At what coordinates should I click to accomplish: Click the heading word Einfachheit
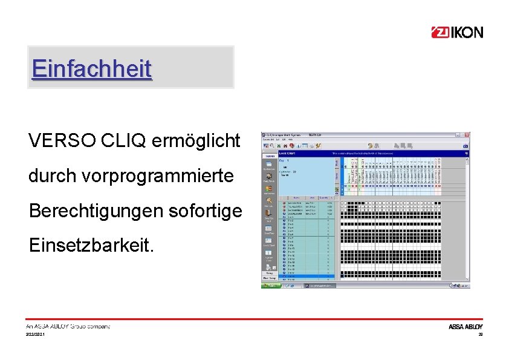(92, 68)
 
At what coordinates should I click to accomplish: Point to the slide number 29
(481, 335)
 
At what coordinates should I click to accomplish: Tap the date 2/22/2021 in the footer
(35, 335)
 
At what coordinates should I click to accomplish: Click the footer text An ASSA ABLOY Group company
(68, 327)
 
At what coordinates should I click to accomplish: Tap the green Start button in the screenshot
(270, 285)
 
